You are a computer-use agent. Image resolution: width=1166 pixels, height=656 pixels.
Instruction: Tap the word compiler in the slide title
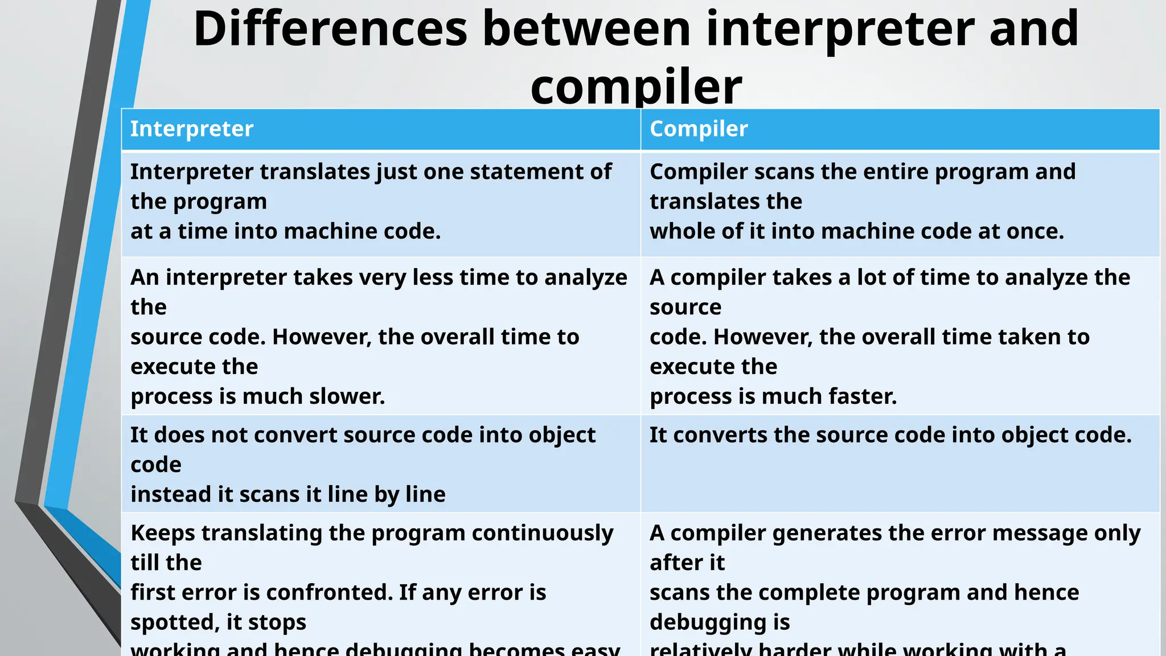click(636, 87)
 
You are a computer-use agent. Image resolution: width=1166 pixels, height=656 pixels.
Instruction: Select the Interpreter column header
click(192, 129)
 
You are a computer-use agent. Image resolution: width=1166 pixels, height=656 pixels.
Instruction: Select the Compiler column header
click(699, 129)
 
